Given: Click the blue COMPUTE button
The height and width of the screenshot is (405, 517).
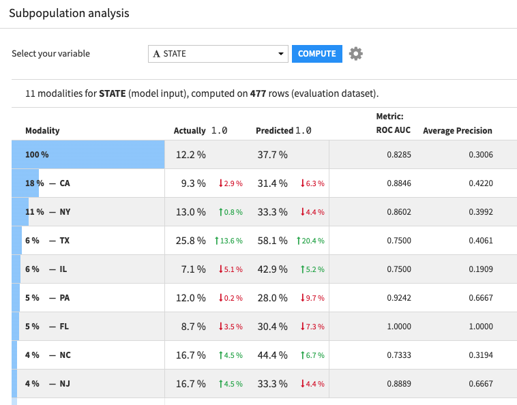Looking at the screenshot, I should point(316,54).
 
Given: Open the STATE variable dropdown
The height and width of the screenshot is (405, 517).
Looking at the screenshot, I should point(218,54).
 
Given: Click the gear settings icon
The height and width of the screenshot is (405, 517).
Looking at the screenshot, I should point(355,54).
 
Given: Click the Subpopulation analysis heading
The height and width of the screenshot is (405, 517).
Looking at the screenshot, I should point(69,13).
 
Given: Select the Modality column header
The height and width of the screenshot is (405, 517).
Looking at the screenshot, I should point(42,131).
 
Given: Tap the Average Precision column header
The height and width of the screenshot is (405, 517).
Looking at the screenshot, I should point(457,131).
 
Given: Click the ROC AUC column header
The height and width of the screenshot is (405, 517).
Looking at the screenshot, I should point(393,130).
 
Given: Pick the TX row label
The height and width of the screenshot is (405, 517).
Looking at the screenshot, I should point(64,241).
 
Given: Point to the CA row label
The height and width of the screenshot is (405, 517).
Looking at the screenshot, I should point(65,183).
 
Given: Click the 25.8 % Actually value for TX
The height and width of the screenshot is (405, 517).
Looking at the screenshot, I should point(190,241).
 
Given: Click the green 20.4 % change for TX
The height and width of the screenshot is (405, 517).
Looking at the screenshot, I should point(310,241).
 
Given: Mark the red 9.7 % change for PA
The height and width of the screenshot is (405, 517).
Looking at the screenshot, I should point(312,298).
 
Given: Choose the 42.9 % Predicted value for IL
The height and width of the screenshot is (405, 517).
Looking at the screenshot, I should point(271,269).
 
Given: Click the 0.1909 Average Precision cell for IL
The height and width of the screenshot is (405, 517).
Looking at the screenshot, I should point(480,269).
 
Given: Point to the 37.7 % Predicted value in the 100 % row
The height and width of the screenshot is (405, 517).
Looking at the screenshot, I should point(271,155).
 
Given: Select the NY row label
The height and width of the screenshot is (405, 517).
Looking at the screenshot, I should point(65,212).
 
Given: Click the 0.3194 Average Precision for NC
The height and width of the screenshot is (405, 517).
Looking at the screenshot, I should point(480,355).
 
